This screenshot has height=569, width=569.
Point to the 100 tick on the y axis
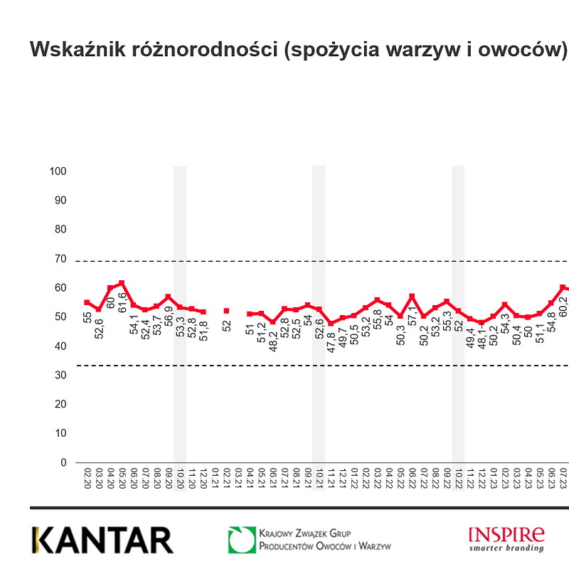tap(58, 171)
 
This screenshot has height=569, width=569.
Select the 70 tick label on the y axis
tap(60, 259)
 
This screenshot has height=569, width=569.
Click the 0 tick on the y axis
tap(63, 462)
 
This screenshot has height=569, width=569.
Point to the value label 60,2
tap(563, 304)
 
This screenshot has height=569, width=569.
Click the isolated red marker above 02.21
tap(226, 311)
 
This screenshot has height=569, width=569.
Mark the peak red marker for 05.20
tap(122, 283)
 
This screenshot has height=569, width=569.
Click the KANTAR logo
tap(102, 541)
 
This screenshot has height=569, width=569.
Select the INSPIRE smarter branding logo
tap(506, 538)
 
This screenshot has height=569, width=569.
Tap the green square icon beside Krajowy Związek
tap(241, 540)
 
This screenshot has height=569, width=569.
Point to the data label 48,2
tap(272, 335)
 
